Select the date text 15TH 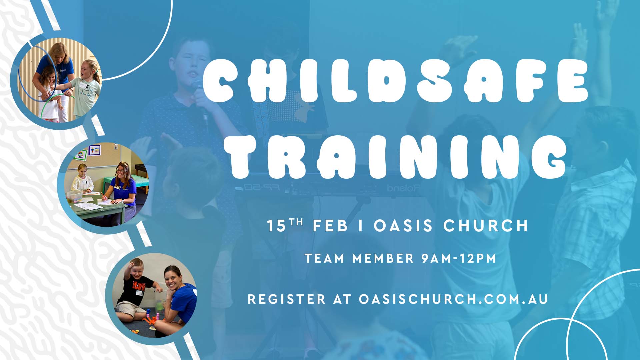(x=285, y=225)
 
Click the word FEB (x=330, y=226)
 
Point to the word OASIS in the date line (x=403, y=226)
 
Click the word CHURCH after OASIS (x=486, y=226)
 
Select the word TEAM (x=324, y=258)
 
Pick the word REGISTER (x=287, y=299)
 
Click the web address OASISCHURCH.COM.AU (x=453, y=299)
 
